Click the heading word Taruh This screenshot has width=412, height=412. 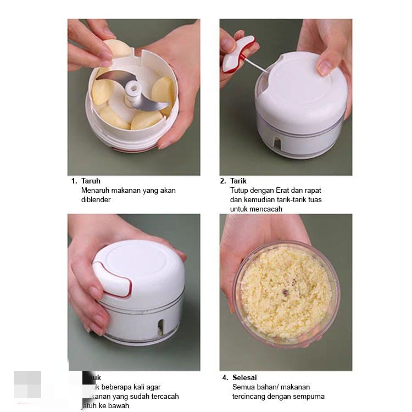pyautogui.click(x=91, y=181)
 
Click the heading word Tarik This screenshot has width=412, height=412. pyautogui.click(x=238, y=181)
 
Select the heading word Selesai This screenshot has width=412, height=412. pyautogui.click(x=245, y=377)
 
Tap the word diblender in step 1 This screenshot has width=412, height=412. pyautogui.click(x=96, y=200)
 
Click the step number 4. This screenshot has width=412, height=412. pyautogui.click(x=225, y=377)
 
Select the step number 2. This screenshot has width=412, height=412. pyautogui.click(x=223, y=181)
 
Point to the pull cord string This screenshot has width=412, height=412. pyautogui.click(x=256, y=66)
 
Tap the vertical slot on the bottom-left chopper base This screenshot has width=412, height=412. pyautogui.click(x=160, y=327)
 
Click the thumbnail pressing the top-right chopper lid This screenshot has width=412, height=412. pyautogui.click(x=325, y=68)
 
